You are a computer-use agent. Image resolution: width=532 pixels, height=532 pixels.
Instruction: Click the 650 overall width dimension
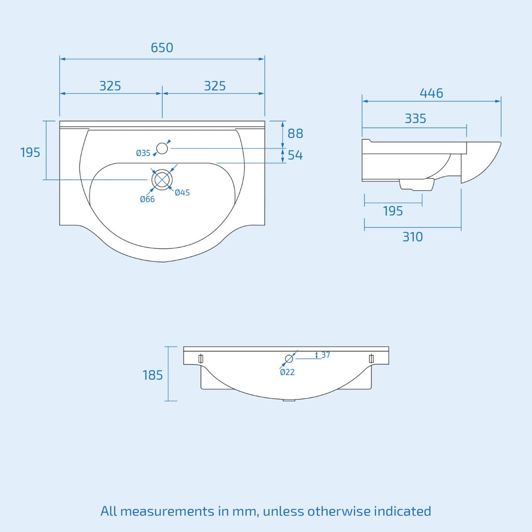point(162,48)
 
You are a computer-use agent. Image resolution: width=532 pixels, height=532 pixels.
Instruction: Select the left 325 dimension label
point(110,86)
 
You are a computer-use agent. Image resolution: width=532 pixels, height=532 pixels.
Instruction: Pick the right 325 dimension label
point(215,86)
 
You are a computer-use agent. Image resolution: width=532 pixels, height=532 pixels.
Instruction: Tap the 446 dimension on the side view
point(431,94)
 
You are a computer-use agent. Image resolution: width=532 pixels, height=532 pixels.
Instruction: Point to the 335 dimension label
point(415,119)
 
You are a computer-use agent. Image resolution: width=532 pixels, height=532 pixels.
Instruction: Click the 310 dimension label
point(413,237)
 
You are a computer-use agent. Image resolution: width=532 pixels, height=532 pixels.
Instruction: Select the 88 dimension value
point(295,134)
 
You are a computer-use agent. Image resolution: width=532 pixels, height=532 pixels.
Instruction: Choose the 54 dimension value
point(295,155)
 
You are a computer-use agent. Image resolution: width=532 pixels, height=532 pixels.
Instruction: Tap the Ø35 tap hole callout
point(143,153)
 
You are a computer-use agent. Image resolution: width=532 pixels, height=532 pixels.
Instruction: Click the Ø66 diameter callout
point(147,199)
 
